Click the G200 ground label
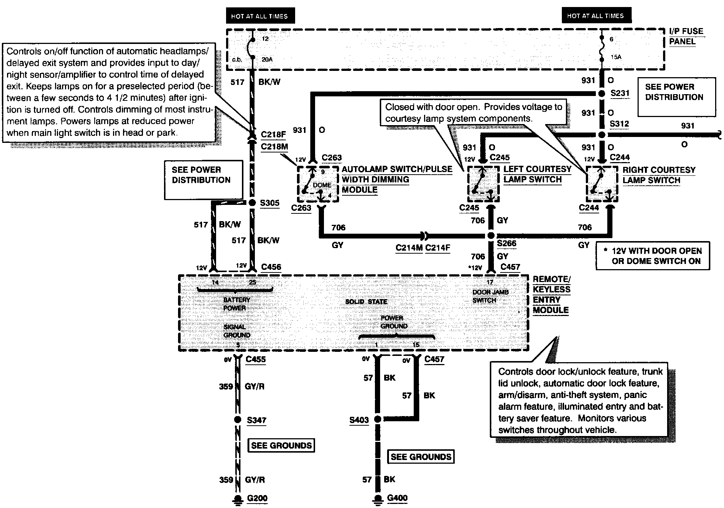[x=257, y=498]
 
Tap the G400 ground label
[x=397, y=498]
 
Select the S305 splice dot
[x=252, y=203]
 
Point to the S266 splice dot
[x=491, y=236]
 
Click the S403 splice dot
[x=378, y=419]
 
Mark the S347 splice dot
[x=238, y=420]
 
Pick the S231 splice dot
[x=602, y=94]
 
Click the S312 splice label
[x=619, y=124]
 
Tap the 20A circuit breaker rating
[x=267, y=59]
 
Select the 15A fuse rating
[x=615, y=57]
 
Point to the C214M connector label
[x=409, y=248]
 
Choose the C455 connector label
[x=256, y=359]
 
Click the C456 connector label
[x=271, y=267]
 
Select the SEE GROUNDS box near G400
[x=421, y=457]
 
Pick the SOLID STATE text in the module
[x=366, y=302]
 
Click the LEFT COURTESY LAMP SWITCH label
[x=537, y=174]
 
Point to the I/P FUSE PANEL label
[x=686, y=36]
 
